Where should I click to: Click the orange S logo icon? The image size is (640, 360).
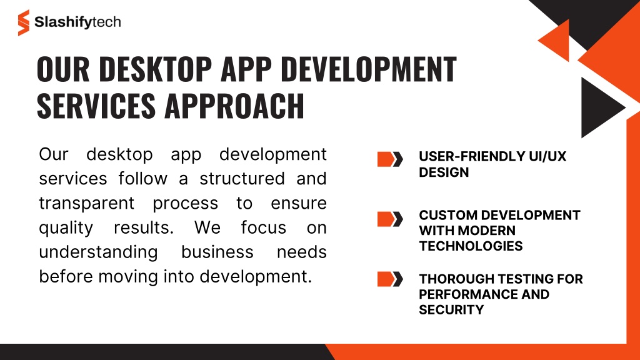24,23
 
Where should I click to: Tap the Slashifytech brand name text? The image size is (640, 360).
77,22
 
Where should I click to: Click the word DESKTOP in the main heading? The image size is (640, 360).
155,69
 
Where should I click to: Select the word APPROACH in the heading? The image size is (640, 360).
234,106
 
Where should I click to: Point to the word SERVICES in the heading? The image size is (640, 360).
96,106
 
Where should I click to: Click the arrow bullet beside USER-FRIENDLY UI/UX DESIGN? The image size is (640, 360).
390,159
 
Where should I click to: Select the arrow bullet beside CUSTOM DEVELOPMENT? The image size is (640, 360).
390,219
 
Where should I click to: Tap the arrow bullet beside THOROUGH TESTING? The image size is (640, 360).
390,279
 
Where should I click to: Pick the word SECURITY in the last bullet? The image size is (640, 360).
451,310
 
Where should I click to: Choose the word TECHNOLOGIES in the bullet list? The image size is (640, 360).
471,246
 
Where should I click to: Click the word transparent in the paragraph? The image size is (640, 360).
86,203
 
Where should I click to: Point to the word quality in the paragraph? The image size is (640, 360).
66,228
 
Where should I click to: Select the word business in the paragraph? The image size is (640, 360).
217,252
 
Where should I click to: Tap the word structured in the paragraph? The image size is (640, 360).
242,179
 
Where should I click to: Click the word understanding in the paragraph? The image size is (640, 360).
98,252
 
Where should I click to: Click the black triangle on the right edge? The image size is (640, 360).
600,107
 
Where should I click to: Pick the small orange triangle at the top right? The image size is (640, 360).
556,41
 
